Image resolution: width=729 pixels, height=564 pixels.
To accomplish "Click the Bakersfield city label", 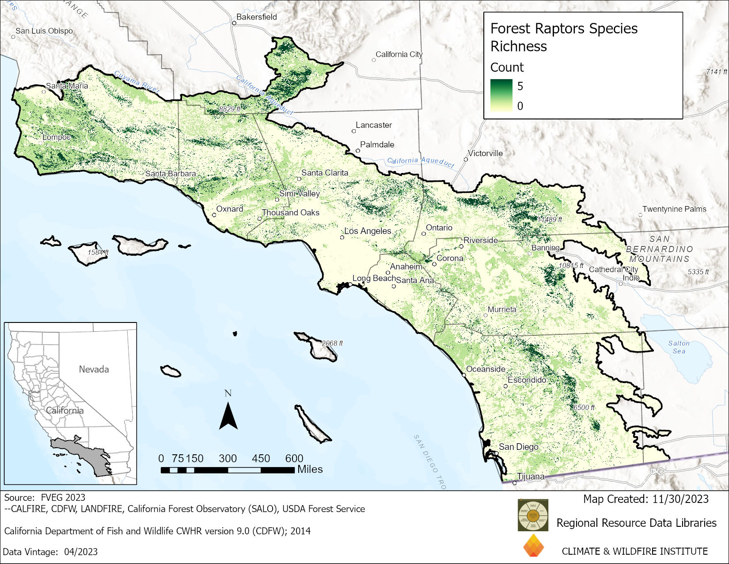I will [x=256, y=17].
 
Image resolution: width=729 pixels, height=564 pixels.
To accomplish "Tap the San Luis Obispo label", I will [x=44, y=31].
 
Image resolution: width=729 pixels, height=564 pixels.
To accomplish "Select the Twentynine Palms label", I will [x=674, y=209].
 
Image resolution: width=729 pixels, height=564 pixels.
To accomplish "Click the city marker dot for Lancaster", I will [x=353, y=131].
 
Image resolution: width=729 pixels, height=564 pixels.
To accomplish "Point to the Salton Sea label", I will [x=679, y=347].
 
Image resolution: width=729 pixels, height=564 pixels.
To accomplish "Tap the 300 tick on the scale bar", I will [x=228, y=459].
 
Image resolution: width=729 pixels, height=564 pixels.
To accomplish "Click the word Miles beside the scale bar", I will [x=310, y=469].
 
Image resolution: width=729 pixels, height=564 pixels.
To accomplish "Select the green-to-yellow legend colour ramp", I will [x=501, y=95].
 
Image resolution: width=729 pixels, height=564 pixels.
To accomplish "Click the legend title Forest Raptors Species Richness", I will [x=564, y=37].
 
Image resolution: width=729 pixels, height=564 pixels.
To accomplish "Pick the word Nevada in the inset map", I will [x=94, y=369].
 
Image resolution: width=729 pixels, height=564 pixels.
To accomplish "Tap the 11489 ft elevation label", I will [x=550, y=219].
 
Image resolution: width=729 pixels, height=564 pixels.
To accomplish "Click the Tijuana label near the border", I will [x=531, y=476].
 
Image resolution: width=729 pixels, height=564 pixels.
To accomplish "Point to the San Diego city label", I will [x=518, y=447].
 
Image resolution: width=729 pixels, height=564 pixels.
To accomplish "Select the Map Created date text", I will [x=645, y=499].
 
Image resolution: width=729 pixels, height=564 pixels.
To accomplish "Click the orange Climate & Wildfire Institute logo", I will [x=533, y=545].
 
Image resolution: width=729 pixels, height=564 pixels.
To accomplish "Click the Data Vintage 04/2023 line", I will [x=50, y=552].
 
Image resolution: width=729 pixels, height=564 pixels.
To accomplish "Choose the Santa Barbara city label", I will [x=171, y=174].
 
